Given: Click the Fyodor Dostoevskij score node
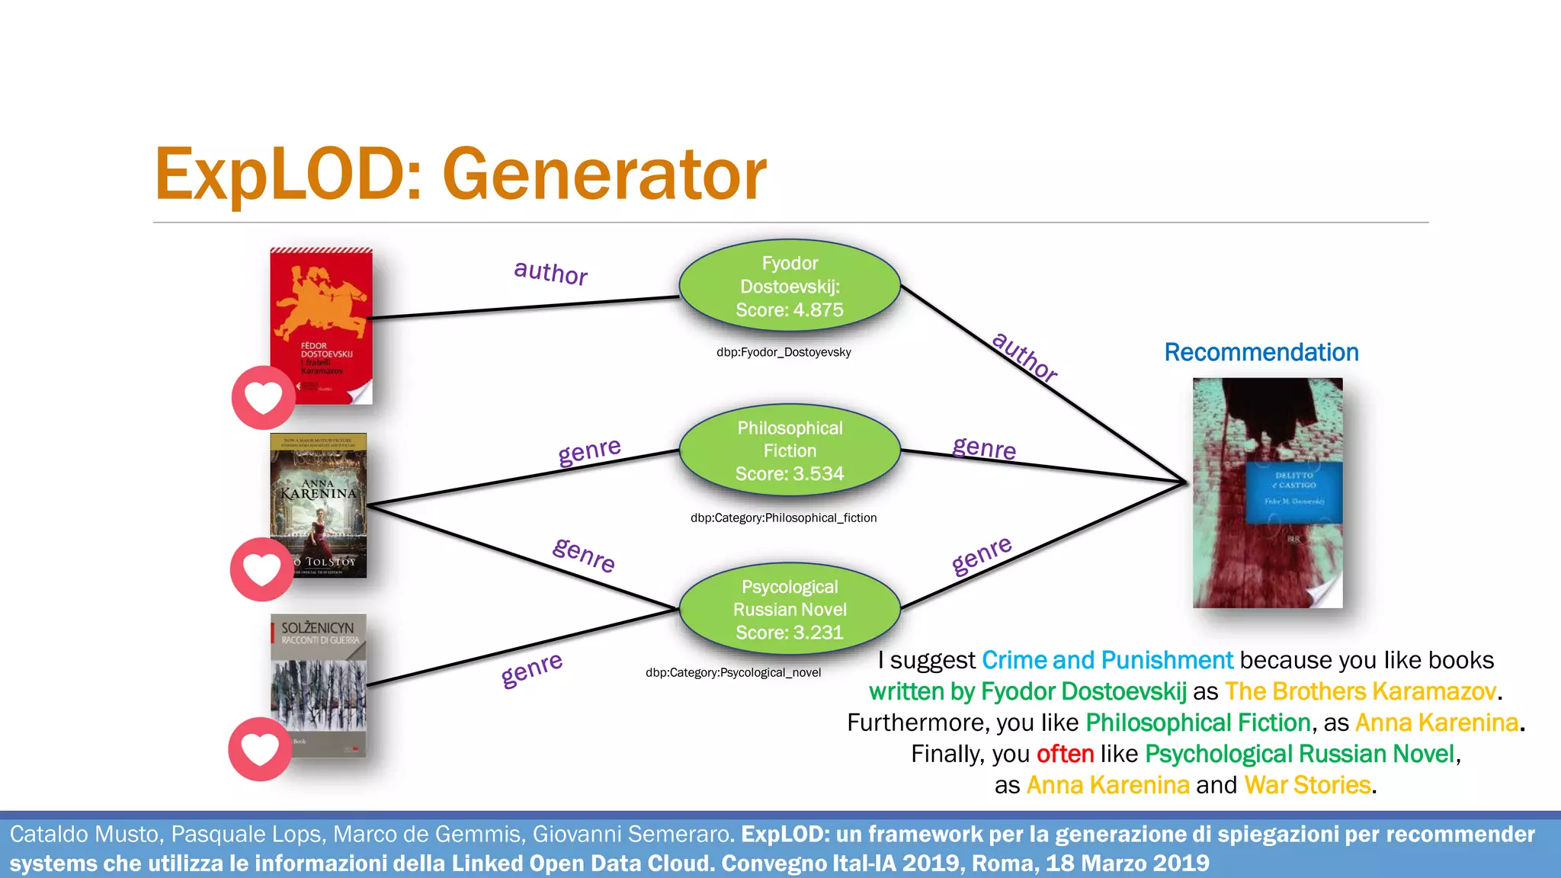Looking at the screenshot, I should (790, 287).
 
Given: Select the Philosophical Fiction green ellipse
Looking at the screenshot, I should (790, 450).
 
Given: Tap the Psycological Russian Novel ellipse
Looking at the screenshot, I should (790, 609).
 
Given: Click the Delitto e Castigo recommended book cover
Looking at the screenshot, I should (1268, 492).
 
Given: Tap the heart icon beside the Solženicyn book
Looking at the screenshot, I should (260, 749).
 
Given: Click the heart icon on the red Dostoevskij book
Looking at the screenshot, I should (263, 397).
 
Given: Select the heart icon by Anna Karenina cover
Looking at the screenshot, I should (261, 569).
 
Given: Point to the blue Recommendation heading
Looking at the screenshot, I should (1261, 352).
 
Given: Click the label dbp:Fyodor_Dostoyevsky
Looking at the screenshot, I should (784, 352).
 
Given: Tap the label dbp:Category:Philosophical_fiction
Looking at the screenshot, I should (784, 518).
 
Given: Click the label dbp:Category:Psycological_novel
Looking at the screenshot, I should (733, 672).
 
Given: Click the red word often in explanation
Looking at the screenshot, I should (1065, 754).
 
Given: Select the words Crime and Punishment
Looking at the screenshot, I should (1107, 660).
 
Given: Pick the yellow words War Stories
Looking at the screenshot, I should (1307, 785).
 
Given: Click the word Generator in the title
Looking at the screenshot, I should (604, 175).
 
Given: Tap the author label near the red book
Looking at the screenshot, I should (550, 272).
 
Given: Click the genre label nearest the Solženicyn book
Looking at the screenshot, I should (532, 668).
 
